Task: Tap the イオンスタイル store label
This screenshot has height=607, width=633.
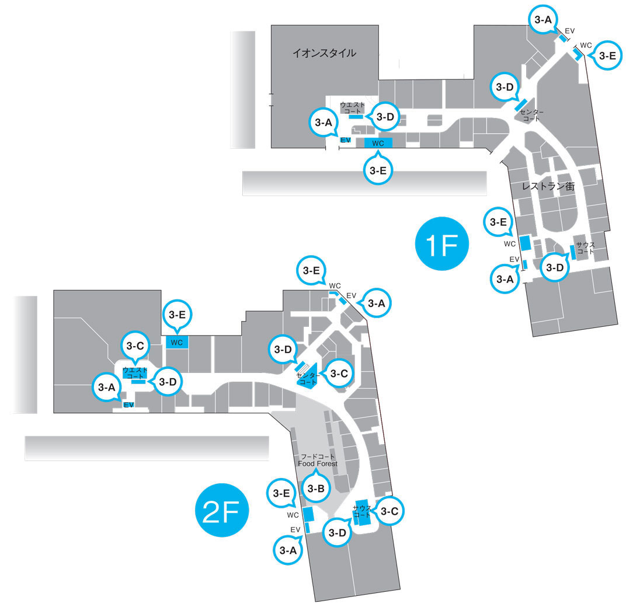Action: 324,53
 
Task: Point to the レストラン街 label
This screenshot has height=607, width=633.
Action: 548,186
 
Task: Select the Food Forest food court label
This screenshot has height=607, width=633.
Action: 318,460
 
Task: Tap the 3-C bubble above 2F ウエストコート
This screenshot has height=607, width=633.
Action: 135,346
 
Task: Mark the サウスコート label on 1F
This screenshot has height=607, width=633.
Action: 585,248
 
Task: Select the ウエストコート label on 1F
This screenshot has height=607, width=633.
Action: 352,107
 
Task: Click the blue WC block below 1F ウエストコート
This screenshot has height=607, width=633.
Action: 378,143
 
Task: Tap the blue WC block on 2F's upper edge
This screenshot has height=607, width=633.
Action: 177,343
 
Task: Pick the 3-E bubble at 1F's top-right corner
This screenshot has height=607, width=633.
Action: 608,56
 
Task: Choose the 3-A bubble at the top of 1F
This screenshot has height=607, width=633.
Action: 542,20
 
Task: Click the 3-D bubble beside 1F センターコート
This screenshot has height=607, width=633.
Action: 505,88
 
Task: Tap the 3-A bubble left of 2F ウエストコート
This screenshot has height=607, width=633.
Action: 106,387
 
